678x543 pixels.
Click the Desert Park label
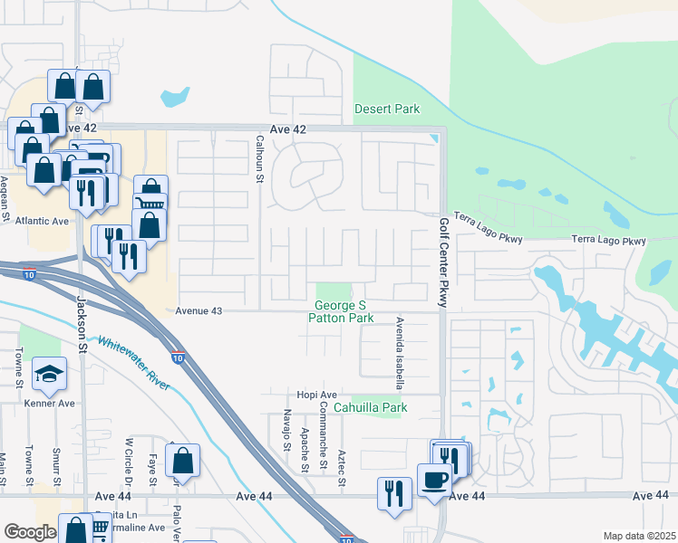click(387, 109)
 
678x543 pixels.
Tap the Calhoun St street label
click(259, 158)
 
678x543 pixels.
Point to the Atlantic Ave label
click(36, 221)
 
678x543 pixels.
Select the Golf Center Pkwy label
click(444, 262)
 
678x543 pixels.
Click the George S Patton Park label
click(341, 312)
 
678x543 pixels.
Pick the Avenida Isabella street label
click(398, 353)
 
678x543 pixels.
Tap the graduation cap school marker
click(48, 372)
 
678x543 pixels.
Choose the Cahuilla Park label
click(370, 407)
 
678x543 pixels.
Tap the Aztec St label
click(343, 467)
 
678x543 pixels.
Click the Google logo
click(30, 532)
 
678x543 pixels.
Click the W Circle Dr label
click(129, 460)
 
